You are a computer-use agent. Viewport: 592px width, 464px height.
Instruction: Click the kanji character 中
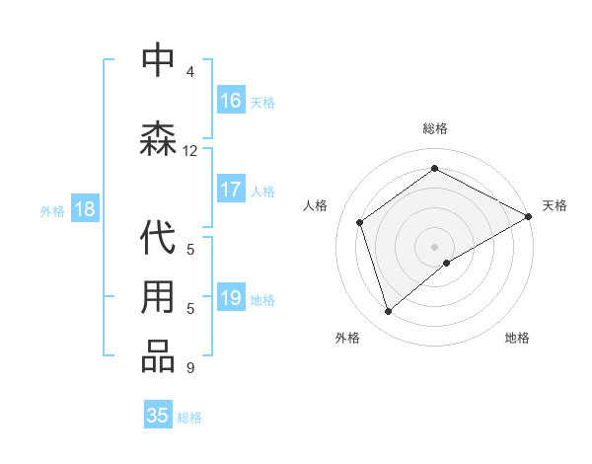tap(158, 61)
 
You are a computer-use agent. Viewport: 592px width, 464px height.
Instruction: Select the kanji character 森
tap(158, 139)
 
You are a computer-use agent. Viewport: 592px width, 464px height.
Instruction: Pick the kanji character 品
tap(158, 356)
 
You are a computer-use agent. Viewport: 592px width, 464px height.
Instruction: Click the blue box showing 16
tap(231, 101)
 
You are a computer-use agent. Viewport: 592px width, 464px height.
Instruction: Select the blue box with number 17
tap(231, 190)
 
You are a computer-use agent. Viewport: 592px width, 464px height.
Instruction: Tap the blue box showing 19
tap(231, 298)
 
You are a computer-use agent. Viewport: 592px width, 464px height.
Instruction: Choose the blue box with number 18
tap(84, 209)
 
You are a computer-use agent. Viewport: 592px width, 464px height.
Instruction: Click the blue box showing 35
tap(158, 416)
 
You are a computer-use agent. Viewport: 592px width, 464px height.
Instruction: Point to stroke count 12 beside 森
tap(190, 151)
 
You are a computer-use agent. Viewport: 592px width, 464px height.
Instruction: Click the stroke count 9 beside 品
tap(190, 368)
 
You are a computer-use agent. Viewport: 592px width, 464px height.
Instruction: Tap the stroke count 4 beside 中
tap(190, 72)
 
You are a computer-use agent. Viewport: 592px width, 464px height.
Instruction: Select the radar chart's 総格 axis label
tap(435, 128)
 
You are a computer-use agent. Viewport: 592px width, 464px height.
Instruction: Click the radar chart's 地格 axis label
tap(517, 338)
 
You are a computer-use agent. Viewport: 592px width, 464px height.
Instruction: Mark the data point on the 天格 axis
tap(529, 216)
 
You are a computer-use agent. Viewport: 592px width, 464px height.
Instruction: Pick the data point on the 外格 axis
tap(389, 312)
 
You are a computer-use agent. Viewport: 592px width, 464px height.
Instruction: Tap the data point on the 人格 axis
tap(360, 222)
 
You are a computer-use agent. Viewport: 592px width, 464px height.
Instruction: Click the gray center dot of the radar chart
tap(435, 246)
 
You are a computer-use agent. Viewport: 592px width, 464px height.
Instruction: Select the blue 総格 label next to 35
tap(189, 418)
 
